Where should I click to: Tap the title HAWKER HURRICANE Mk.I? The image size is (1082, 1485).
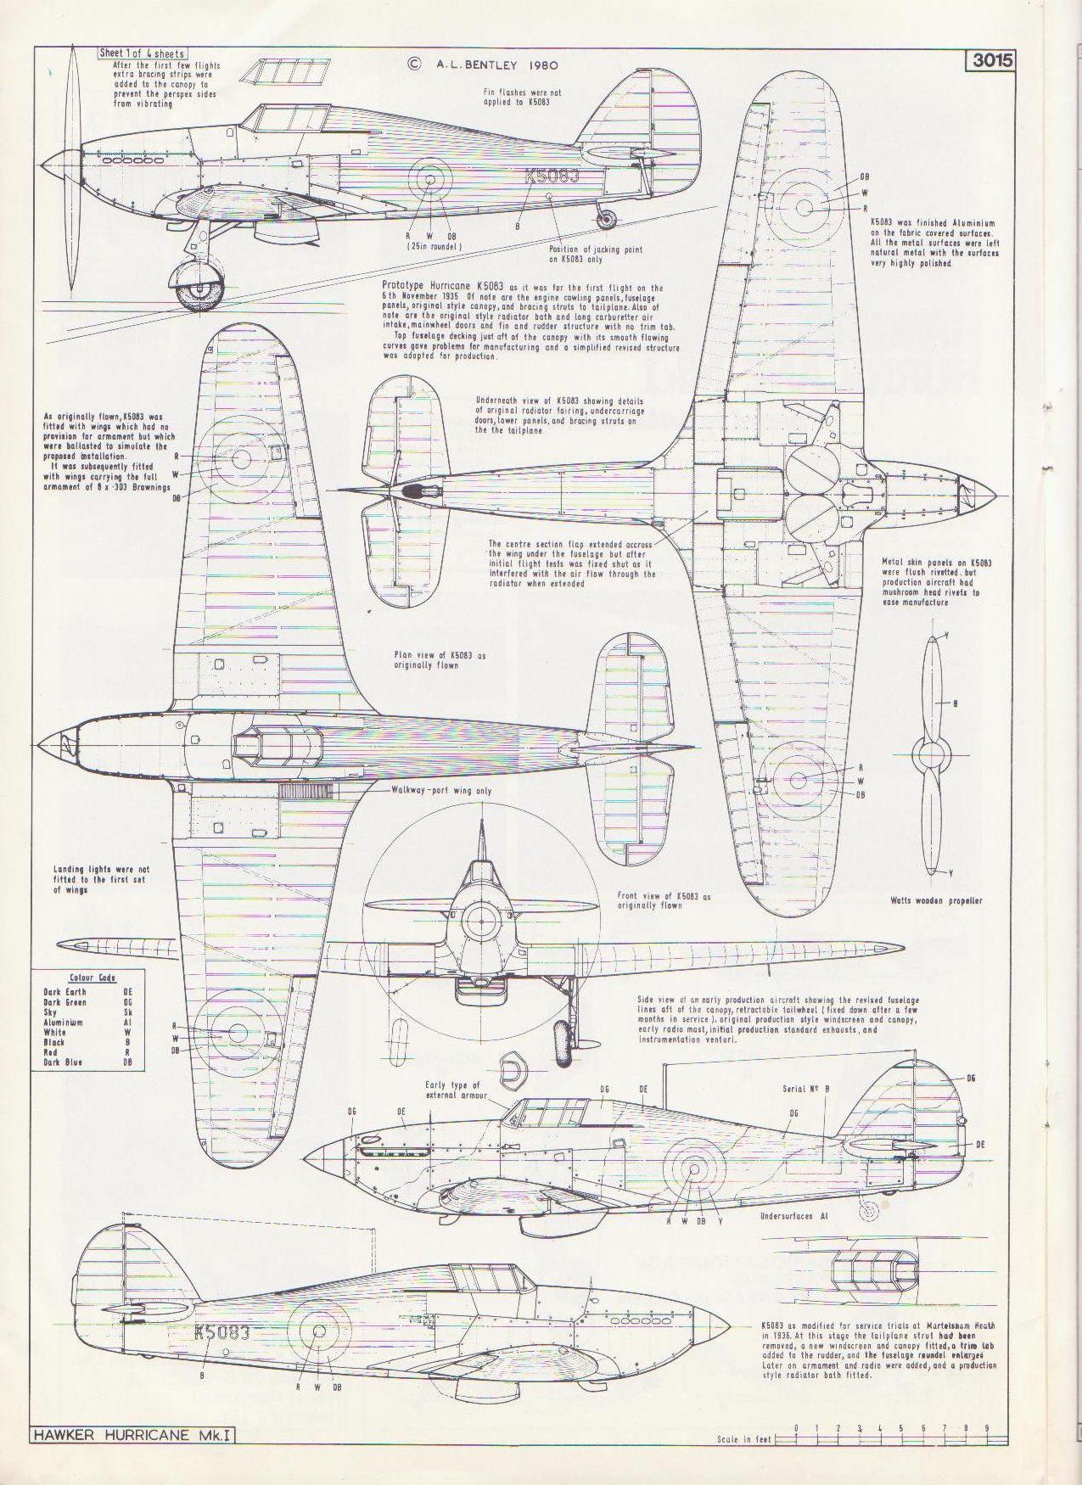[x=134, y=1436]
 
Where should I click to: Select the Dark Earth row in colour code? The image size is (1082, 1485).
[x=65, y=991]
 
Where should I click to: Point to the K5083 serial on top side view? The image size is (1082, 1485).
[x=552, y=177]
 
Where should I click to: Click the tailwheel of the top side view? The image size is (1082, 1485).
[x=605, y=219]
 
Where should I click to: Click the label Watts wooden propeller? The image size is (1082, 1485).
[x=936, y=900]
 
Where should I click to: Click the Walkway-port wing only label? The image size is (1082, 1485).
[x=440, y=790]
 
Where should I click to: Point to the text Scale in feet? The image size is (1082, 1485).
[x=744, y=1440]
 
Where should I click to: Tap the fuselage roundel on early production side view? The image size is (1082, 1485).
[x=693, y=1168]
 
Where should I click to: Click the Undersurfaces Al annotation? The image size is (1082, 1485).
[x=793, y=1216]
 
